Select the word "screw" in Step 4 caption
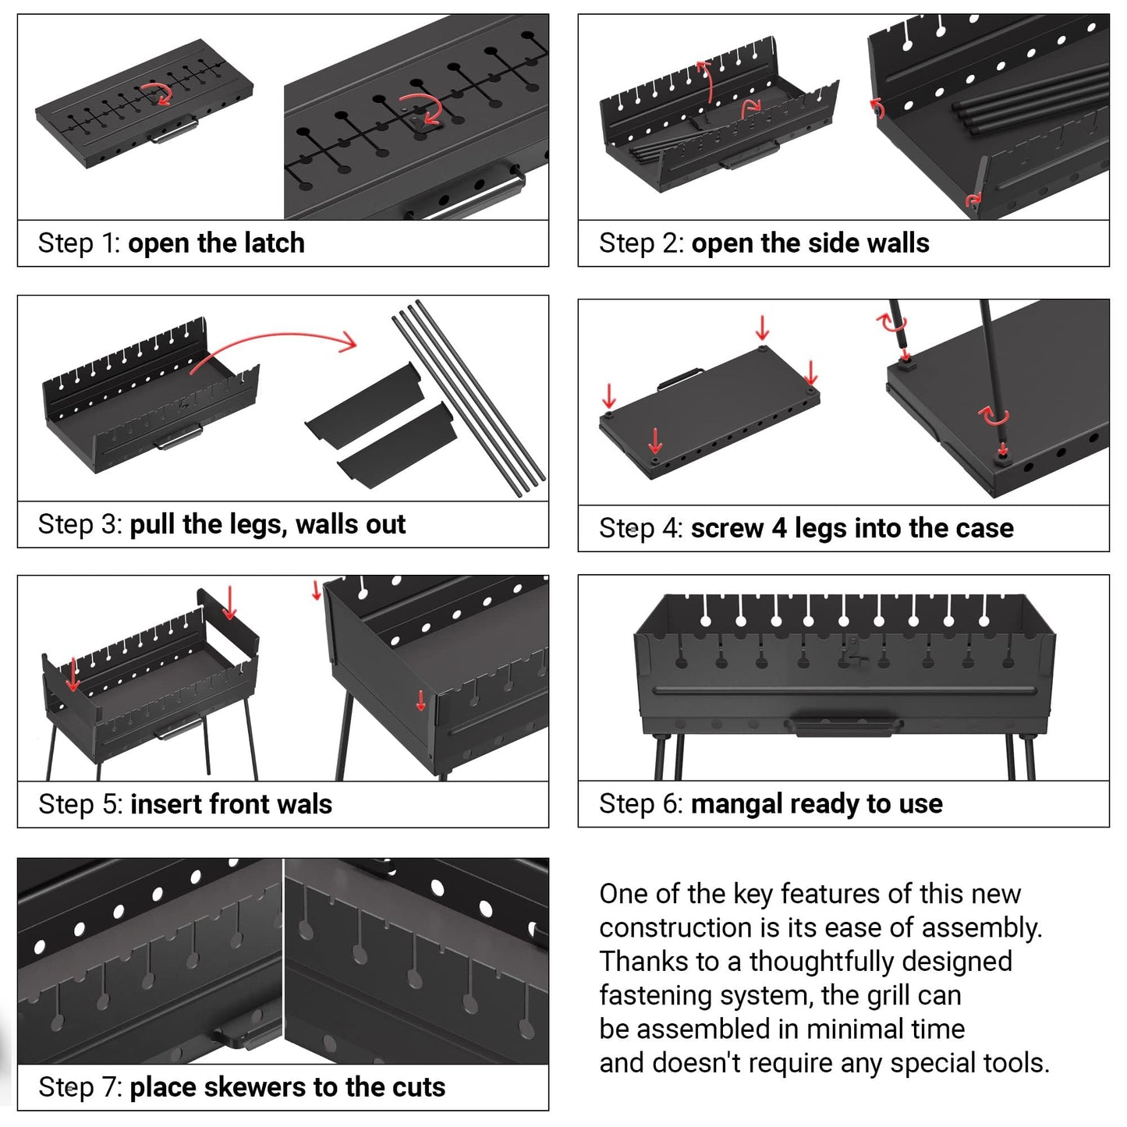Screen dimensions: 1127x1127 point(726,529)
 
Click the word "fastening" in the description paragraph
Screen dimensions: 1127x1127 point(656,996)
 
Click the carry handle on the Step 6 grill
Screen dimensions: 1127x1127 point(849,728)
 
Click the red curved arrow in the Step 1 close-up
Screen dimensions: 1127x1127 point(425,107)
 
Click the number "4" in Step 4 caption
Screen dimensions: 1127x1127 point(779,529)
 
